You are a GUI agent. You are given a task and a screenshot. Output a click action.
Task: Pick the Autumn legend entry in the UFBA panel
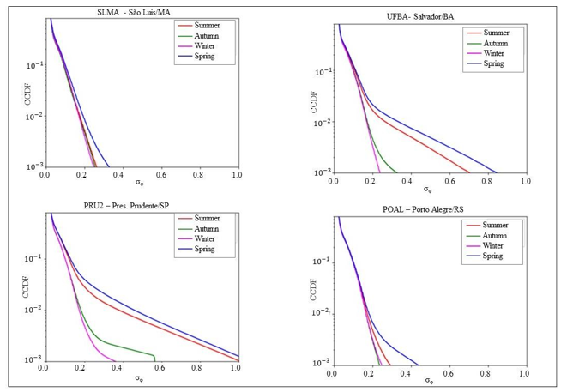pos(490,43)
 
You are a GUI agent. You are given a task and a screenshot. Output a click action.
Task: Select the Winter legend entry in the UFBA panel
pos(488,53)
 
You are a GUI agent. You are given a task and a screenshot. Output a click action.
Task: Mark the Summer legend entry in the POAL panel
pos(490,225)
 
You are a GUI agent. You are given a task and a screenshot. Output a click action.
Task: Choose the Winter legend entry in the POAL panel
pos(488,245)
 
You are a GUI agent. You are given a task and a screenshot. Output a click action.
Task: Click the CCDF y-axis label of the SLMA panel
pos(13,93)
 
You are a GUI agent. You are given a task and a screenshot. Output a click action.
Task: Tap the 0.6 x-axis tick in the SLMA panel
pos(160,173)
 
